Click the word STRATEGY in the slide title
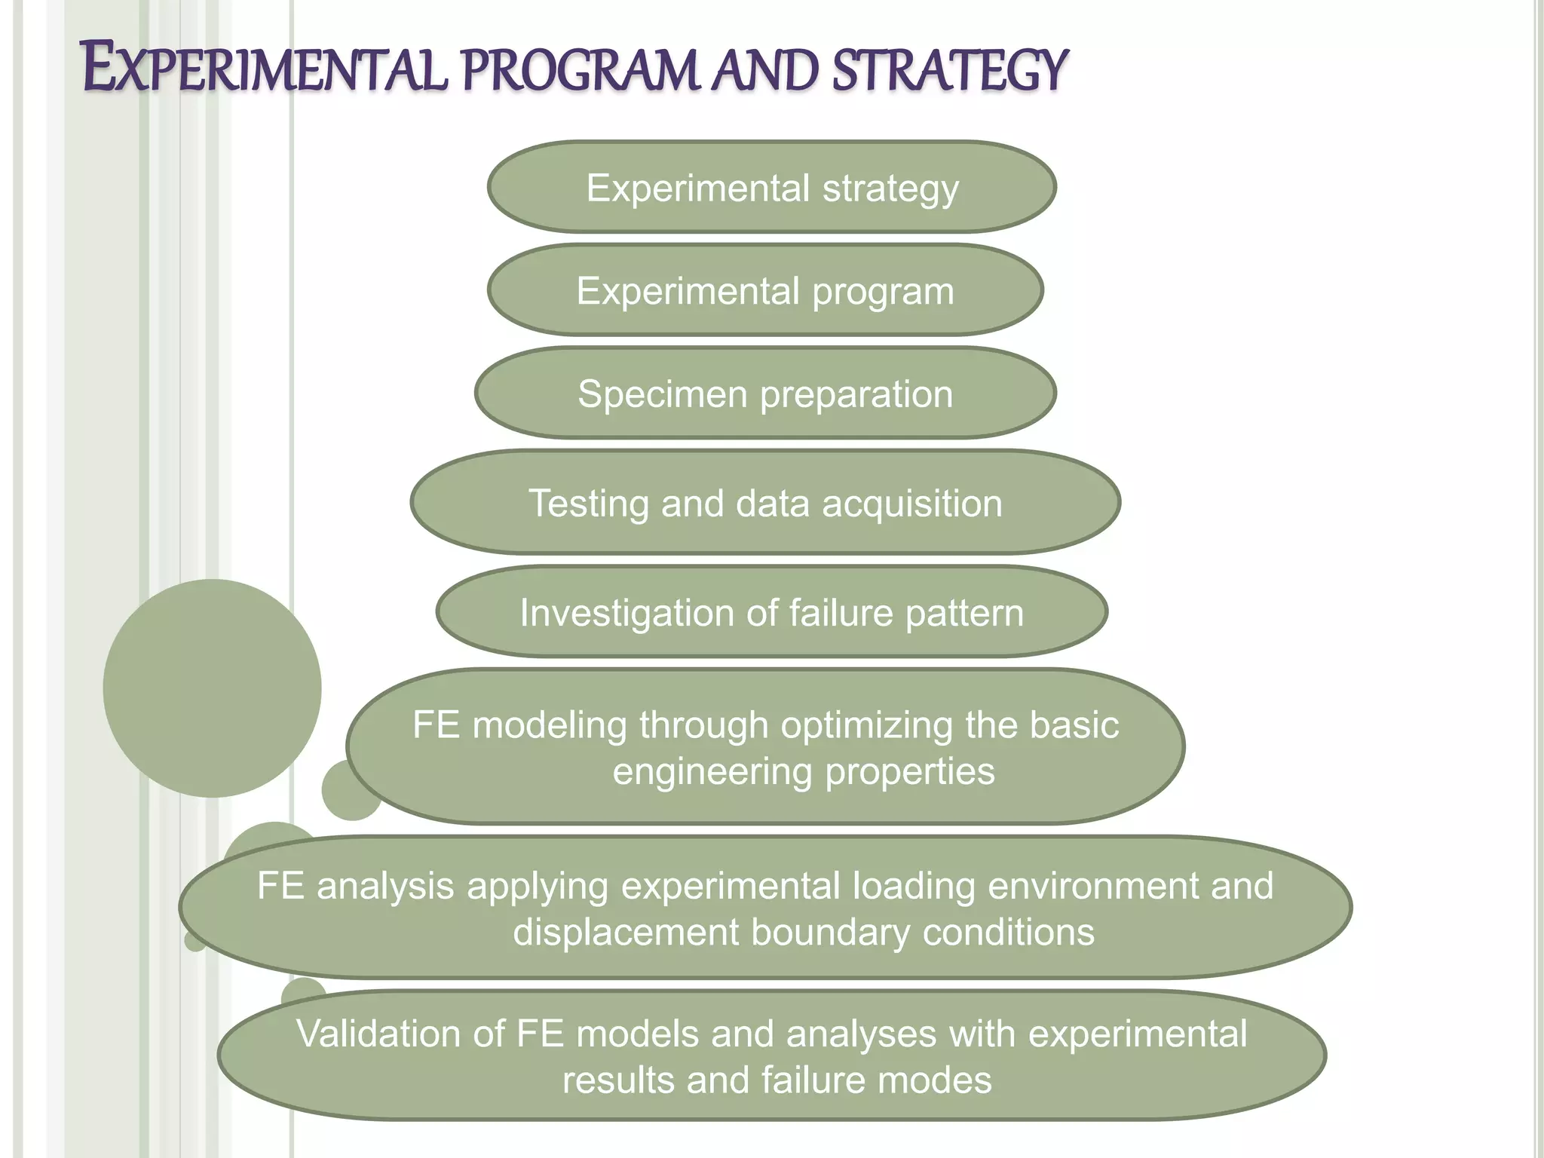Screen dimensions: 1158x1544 [950, 70]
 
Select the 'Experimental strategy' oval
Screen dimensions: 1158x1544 [772, 187]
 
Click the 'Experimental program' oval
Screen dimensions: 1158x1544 [765, 290]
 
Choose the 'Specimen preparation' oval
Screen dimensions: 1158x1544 [765, 394]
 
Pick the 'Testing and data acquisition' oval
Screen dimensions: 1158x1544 [765, 503]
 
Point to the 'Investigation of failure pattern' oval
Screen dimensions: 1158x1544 [771, 612]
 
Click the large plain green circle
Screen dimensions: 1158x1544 [212, 688]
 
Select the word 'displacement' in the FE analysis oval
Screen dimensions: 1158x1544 [626, 933]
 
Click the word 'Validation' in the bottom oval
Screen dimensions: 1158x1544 [400, 1034]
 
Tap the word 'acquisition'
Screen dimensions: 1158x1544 [911, 504]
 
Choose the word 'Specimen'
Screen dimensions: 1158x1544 [662, 394]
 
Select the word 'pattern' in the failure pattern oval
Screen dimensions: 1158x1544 [964, 614]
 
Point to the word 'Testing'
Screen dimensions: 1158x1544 [588, 504]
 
